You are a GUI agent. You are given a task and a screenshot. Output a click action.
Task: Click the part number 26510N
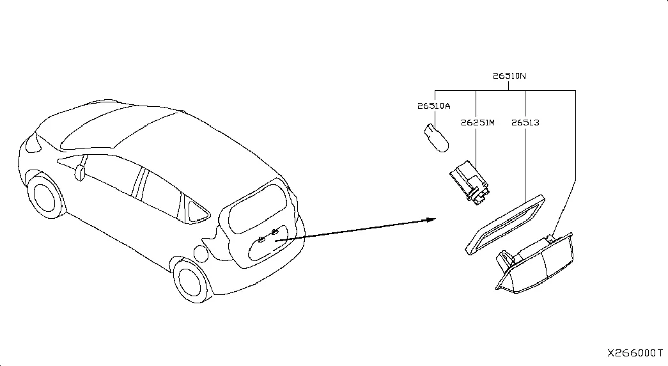(509, 76)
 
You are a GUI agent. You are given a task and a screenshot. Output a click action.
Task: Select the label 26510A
(433, 106)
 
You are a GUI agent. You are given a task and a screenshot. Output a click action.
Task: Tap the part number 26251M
(478, 123)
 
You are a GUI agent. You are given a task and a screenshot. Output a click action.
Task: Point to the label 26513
(525, 123)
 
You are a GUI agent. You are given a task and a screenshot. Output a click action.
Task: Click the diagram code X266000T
(635, 353)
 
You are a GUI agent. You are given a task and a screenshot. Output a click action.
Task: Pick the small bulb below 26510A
(436, 138)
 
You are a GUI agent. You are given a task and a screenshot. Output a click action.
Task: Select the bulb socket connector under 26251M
(469, 182)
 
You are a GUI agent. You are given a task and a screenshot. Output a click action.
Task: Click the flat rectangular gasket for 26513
(505, 225)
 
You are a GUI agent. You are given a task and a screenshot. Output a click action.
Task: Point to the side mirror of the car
(80, 172)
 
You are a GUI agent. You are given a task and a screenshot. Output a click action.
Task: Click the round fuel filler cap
(201, 253)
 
